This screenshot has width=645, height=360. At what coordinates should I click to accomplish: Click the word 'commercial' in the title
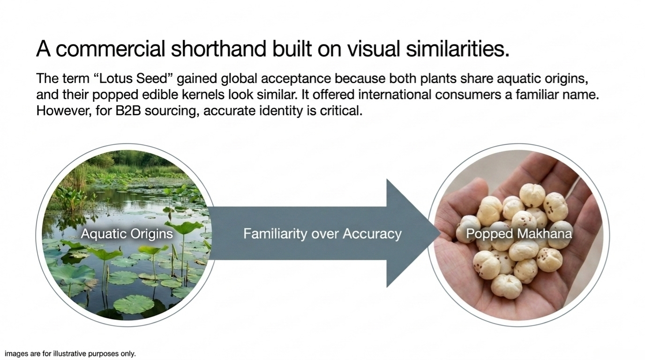[110, 49]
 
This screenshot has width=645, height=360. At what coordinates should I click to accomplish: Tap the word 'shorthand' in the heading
[218, 49]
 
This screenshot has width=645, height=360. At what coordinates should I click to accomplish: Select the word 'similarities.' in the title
[457, 49]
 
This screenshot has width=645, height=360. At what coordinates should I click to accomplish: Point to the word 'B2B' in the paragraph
[128, 111]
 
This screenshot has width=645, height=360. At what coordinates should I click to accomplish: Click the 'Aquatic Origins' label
[127, 233]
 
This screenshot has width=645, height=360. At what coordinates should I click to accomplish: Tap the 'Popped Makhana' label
[519, 233]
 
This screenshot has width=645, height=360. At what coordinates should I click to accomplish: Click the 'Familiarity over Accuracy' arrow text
[322, 233]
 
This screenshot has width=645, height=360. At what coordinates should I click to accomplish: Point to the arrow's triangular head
[412, 233]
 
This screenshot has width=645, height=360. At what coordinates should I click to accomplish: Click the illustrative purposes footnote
[70, 353]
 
